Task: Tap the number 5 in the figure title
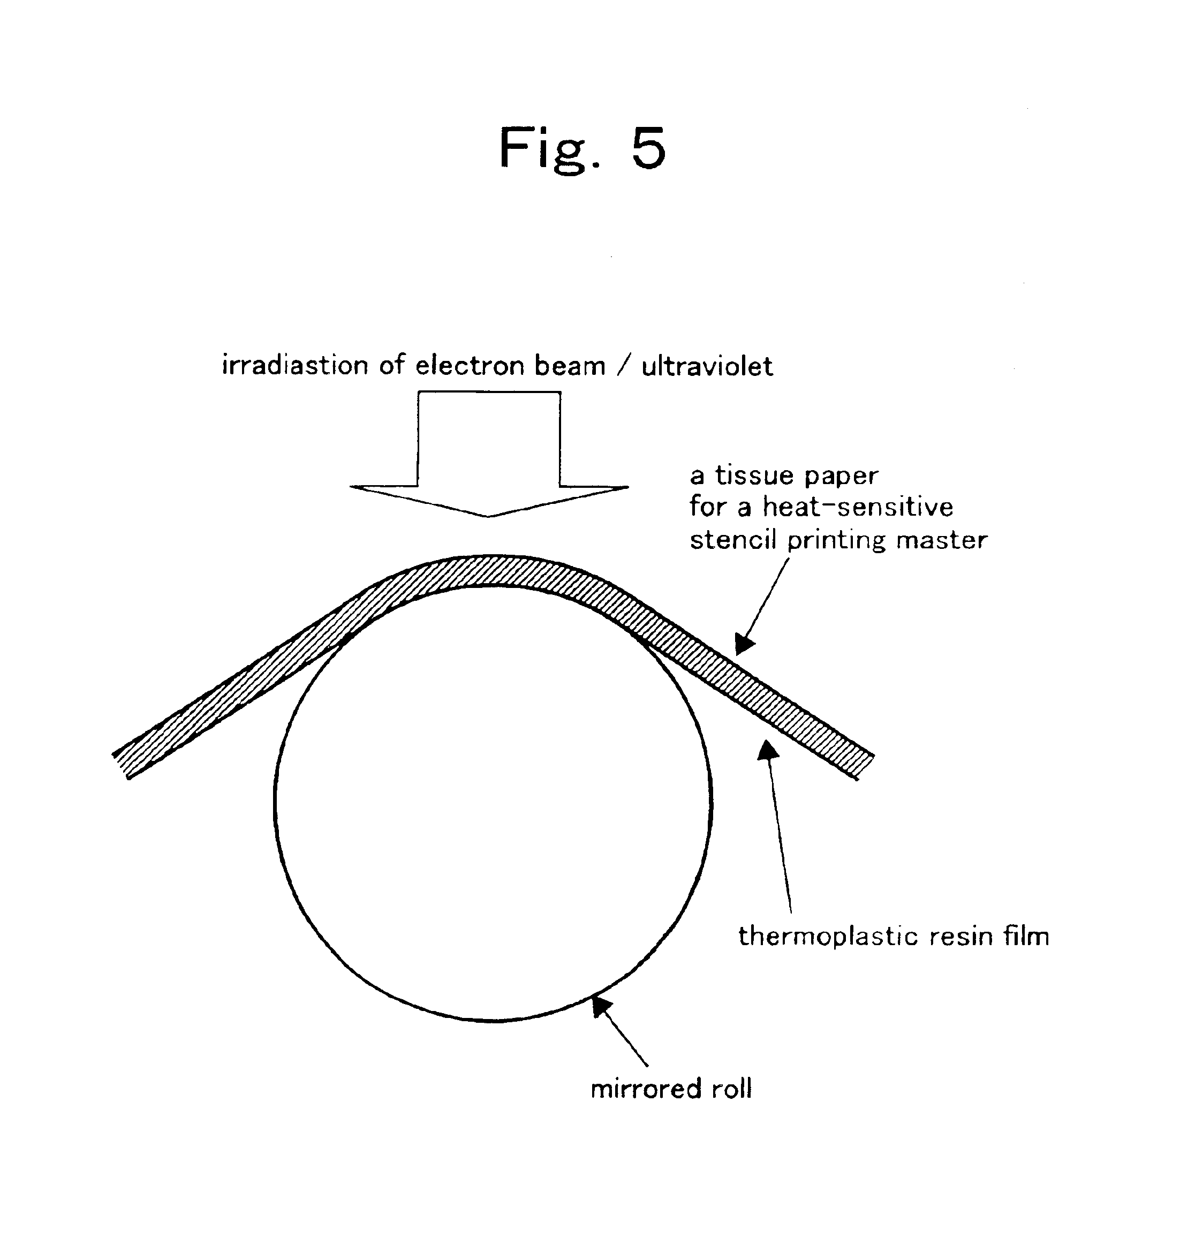click(648, 148)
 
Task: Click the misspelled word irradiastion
click(294, 366)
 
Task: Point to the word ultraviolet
click(707, 366)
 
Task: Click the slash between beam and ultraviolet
click(624, 366)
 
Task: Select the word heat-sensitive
click(858, 507)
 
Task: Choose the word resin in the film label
click(962, 936)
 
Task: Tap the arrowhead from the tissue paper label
click(744, 645)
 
